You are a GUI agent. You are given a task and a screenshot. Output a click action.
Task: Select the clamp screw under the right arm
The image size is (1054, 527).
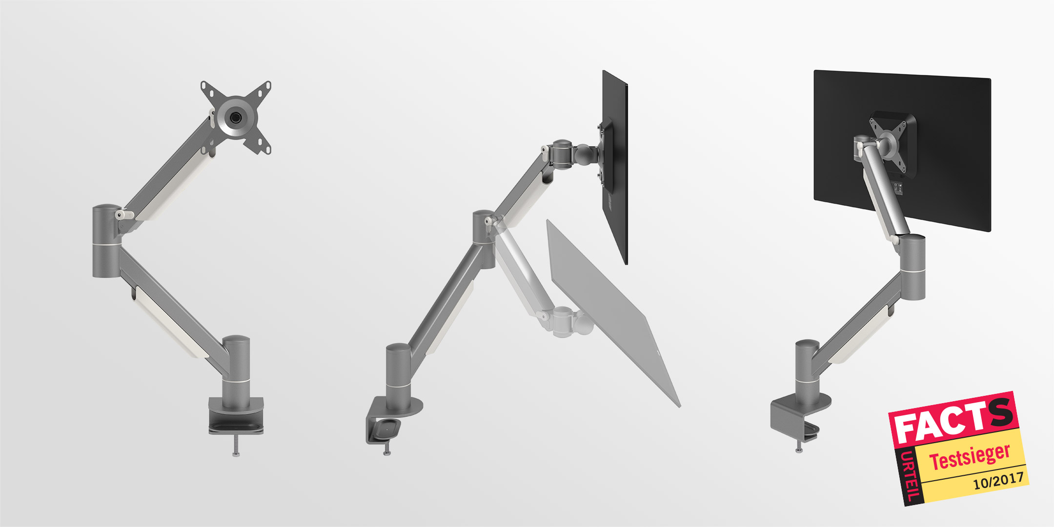[799, 446]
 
